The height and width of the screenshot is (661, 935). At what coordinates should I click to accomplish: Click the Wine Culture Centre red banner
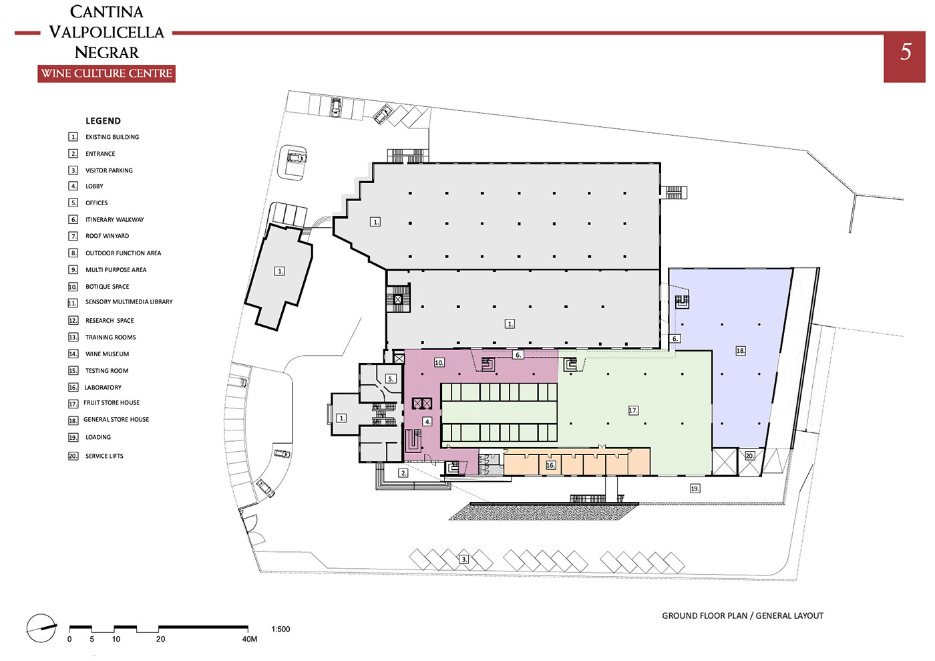pos(106,74)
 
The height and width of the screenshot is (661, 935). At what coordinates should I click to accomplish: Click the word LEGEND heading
pos(103,121)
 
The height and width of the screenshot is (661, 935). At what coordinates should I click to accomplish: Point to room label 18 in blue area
pos(741,351)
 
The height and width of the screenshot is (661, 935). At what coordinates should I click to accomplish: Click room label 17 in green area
pos(633,410)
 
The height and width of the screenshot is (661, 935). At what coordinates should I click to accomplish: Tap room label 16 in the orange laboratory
pos(550,465)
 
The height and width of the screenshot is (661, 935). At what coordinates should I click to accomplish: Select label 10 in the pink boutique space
pos(439,363)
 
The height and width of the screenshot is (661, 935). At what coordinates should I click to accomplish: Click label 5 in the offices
pos(391,379)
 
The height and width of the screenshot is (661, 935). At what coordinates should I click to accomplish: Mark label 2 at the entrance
pos(403,473)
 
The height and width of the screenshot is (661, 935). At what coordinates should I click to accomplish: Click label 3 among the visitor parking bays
pos(463,559)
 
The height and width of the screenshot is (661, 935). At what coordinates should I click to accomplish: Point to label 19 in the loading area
pos(695,488)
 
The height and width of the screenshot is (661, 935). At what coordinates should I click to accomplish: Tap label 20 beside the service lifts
pos(749,456)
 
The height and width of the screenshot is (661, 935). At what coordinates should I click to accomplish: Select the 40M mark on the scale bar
pos(249,639)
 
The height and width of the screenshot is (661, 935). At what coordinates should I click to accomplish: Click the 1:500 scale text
pos(280,629)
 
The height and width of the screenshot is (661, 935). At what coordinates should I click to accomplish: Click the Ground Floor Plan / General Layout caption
pos(743,616)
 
